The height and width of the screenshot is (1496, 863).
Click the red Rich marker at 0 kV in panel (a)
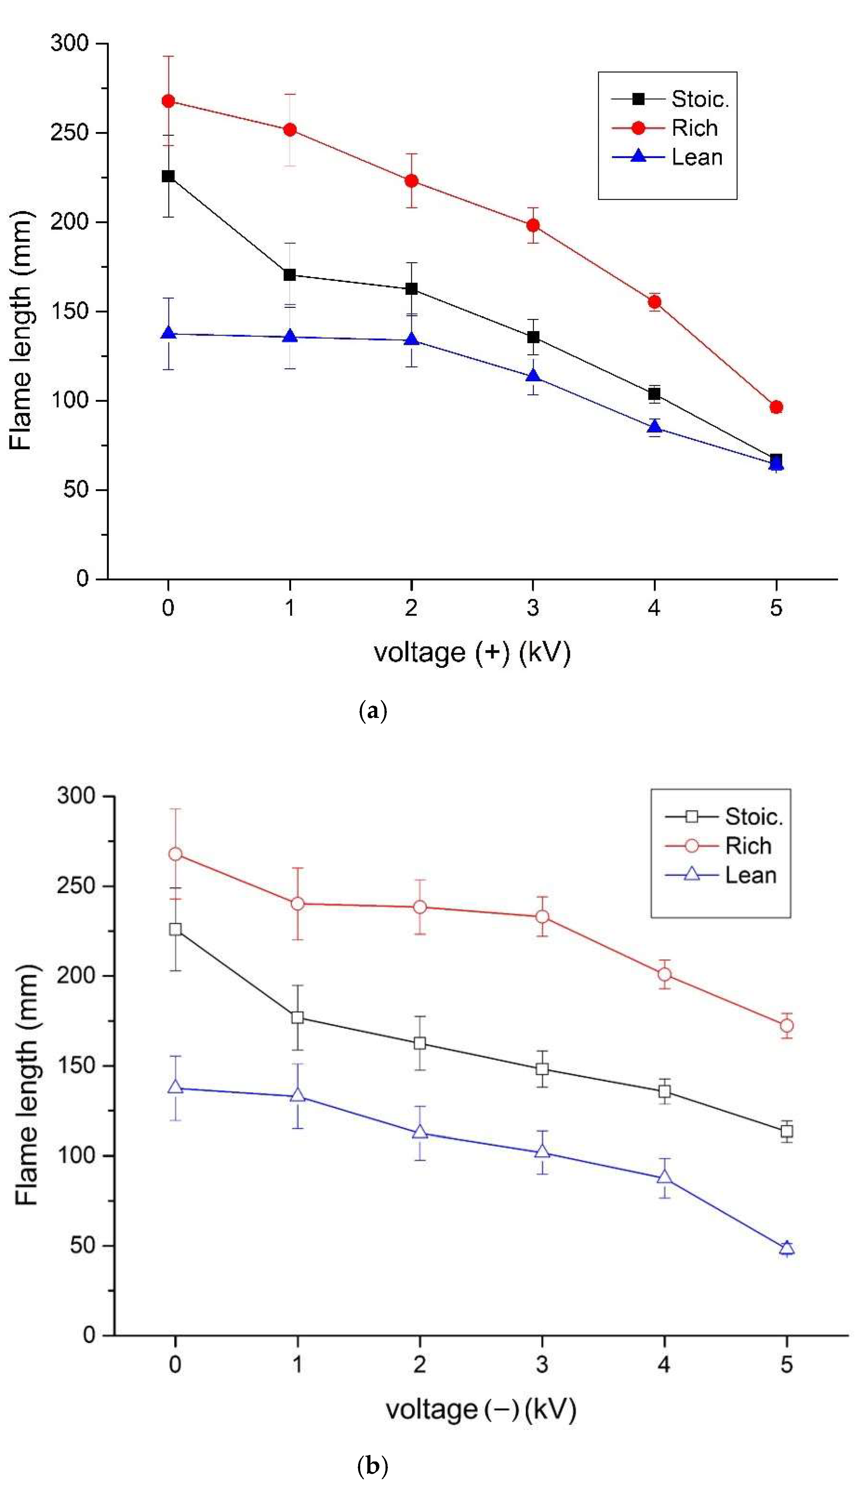point(168,101)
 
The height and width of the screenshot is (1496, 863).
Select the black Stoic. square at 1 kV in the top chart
point(290,275)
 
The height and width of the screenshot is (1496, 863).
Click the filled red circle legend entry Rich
point(638,128)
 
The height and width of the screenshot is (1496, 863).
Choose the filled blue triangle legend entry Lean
point(638,156)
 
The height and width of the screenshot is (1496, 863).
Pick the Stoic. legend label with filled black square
point(699,99)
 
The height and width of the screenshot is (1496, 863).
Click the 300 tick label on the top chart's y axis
point(69,43)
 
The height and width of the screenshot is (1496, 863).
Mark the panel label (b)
point(373,1467)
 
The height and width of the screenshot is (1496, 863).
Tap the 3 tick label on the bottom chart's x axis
point(542,1364)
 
